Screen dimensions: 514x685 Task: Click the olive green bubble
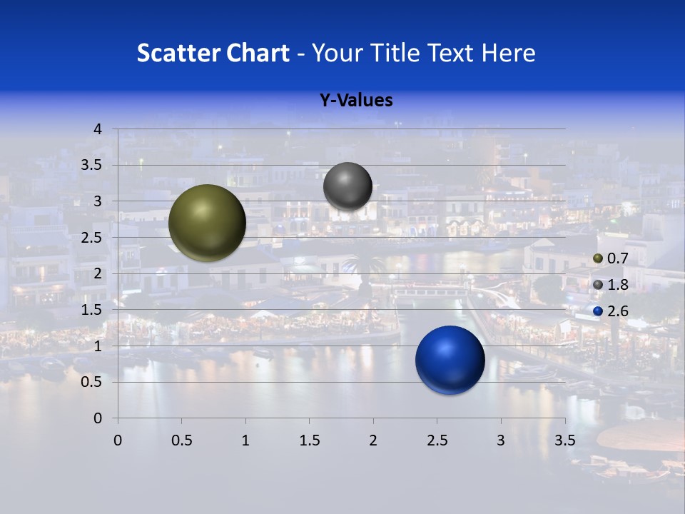pos(207,223)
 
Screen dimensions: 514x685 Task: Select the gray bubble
pos(347,186)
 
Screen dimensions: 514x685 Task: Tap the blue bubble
pos(450,360)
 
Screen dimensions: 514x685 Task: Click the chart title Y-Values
pos(355,101)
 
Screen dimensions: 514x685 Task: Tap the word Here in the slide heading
pos(507,53)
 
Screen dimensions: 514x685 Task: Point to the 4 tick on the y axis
pos(98,129)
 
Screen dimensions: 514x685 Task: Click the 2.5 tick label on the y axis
pos(91,238)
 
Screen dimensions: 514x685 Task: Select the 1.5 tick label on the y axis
pos(91,310)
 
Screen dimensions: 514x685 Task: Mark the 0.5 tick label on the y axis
pos(91,382)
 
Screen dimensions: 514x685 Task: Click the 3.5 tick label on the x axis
pos(564,440)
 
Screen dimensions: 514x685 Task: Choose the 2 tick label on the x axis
pos(372,440)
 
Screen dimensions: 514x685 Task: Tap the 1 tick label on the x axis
pos(245,440)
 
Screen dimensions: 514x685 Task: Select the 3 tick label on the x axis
pos(500,440)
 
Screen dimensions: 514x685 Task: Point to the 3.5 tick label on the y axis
pos(91,166)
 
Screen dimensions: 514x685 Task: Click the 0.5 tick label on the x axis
pos(182,440)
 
